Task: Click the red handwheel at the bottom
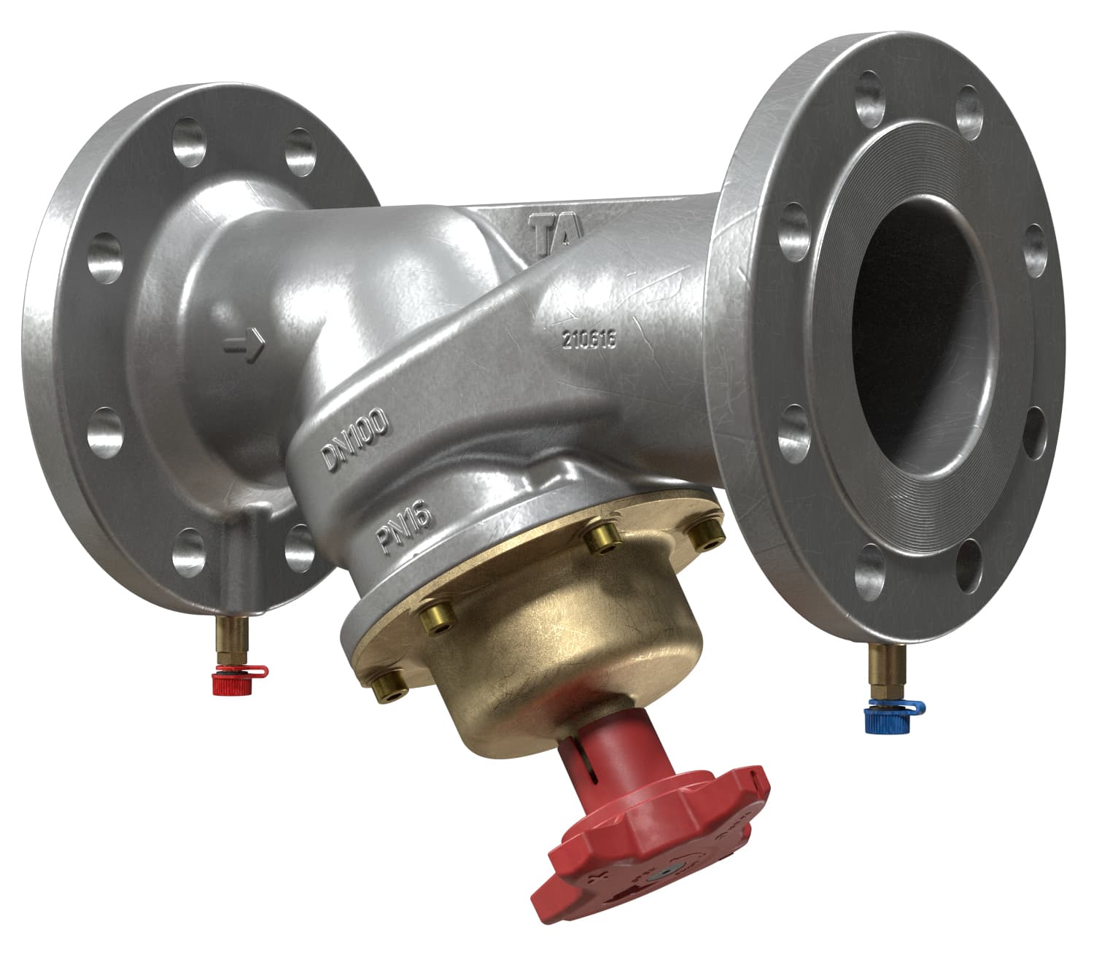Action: (x=642, y=853)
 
